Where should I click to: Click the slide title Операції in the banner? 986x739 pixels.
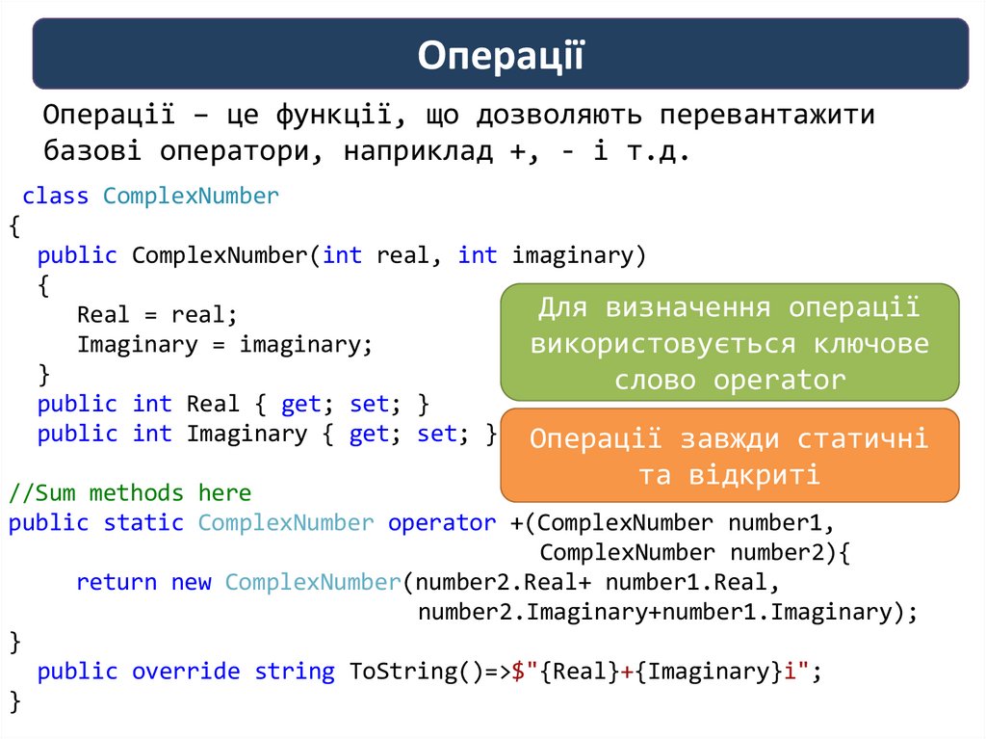[501, 55]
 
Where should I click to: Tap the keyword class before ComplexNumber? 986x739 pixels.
[56, 197]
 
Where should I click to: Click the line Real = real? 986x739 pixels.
[156, 315]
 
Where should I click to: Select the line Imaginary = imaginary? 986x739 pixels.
[223, 345]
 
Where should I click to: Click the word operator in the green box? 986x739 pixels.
[778, 381]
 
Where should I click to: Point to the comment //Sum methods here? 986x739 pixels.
[130, 493]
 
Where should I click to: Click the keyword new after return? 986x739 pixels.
[191, 583]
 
